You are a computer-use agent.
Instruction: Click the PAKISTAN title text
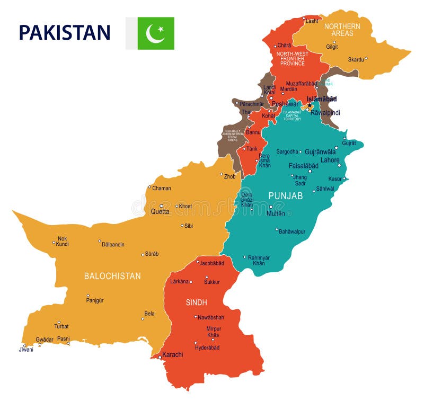(x=65, y=32)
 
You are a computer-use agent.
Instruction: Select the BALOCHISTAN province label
(x=112, y=276)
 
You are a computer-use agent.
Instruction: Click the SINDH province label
(x=196, y=302)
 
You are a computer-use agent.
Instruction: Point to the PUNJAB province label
(x=285, y=196)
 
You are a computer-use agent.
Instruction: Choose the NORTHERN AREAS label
(x=342, y=30)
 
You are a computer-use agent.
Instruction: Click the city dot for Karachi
(x=160, y=357)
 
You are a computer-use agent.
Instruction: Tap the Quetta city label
(x=160, y=211)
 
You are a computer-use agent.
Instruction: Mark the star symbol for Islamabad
(x=310, y=105)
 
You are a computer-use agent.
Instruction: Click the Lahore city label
(x=330, y=160)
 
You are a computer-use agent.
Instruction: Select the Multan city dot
(x=270, y=207)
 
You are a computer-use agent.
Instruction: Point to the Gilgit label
(x=332, y=47)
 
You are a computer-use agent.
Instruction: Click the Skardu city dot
(x=366, y=58)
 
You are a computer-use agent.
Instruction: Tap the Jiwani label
(x=26, y=350)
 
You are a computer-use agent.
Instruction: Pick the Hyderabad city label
(x=207, y=347)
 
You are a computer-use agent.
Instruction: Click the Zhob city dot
(x=222, y=174)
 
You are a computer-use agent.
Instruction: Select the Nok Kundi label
(x=63, y=241)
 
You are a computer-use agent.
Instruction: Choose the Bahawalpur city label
(x=292, y=231)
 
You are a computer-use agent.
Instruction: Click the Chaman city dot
(x=149, y=187)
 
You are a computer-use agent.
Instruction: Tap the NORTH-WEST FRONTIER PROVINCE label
(x=292, y=58)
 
